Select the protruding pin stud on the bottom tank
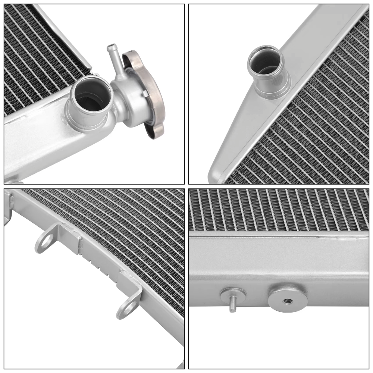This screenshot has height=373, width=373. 232,305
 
